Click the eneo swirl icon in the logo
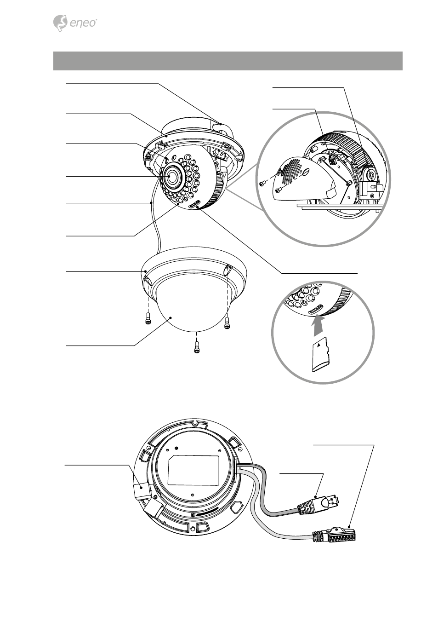(60, 23)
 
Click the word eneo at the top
(83, 23)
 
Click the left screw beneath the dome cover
(148, 317)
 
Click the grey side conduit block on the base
(141, 490)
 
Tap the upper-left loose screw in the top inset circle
(263, 183)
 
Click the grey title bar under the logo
(228, 61)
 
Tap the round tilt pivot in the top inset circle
(371, 175)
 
